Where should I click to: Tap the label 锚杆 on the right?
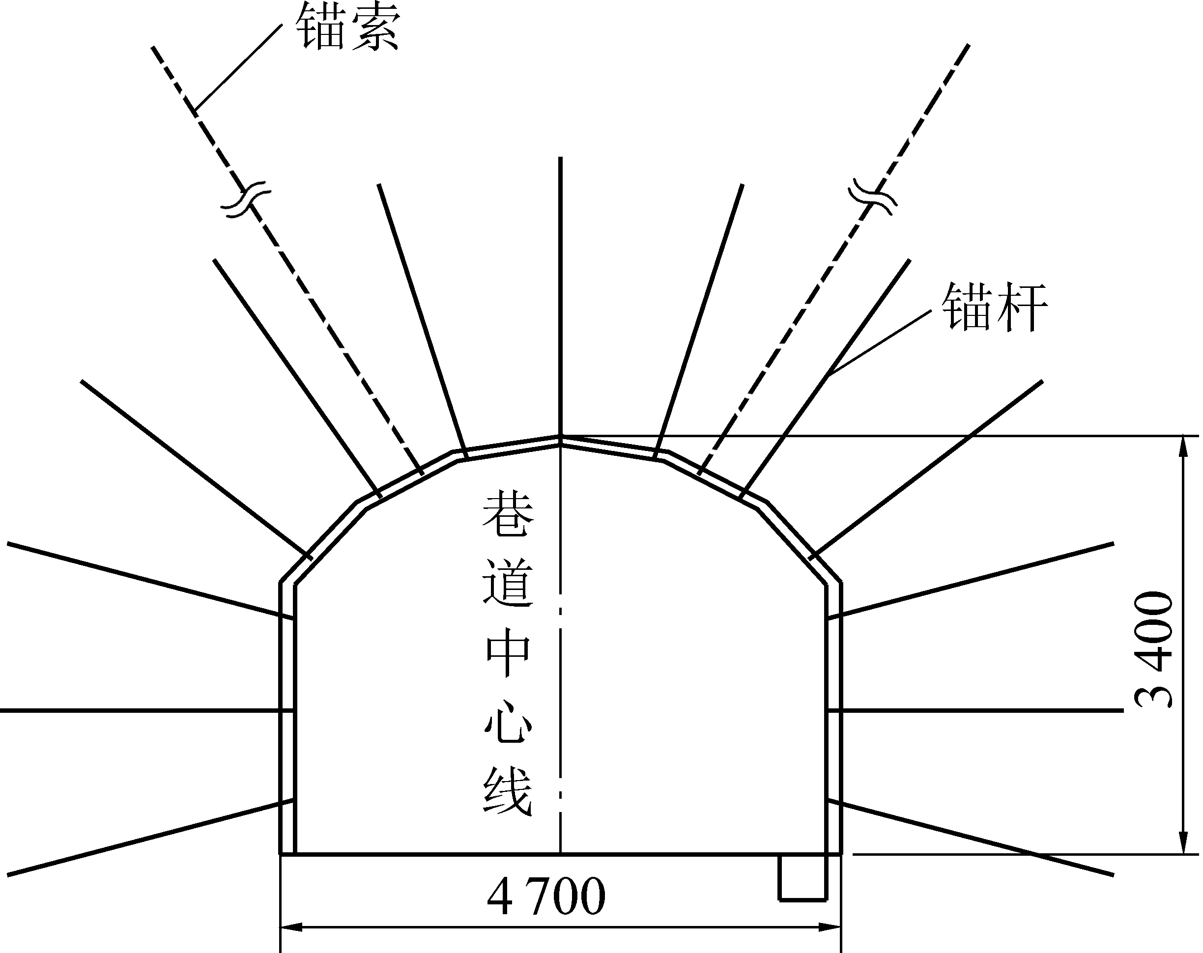[995, 307]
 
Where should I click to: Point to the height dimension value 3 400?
[1154, 649]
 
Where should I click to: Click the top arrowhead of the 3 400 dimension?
[1182, 447]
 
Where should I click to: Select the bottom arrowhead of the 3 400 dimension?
[1182, 842]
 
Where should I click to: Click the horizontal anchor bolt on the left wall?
[140, 710]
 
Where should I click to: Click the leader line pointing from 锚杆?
[880, 343]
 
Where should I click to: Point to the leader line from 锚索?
[238, 66]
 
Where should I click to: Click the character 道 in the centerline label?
[507, 584]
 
